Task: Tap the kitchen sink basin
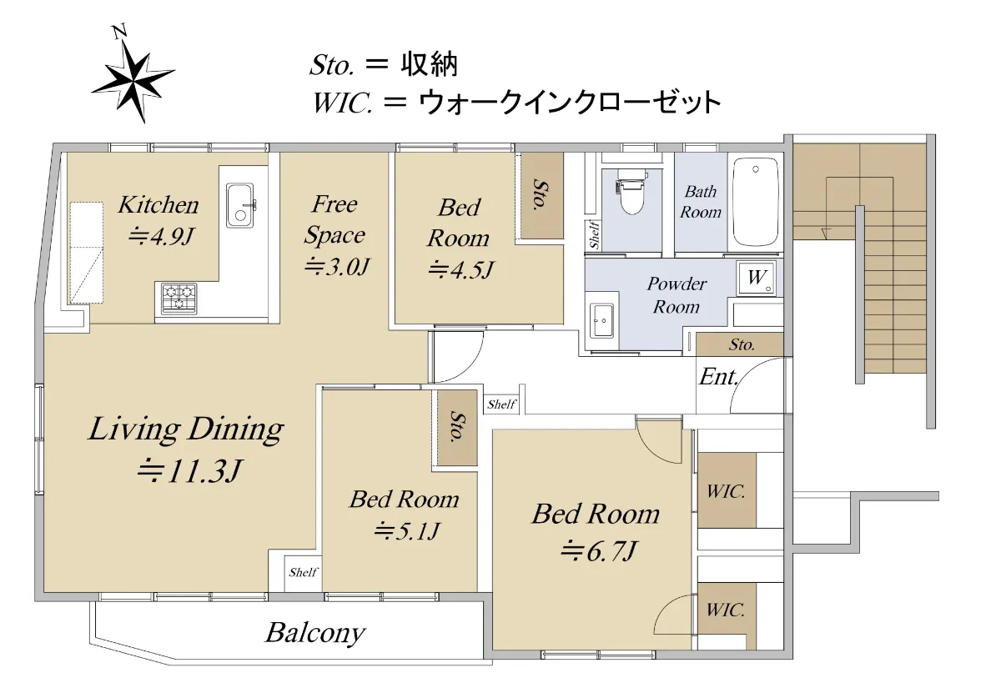(240, 205)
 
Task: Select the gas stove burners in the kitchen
(179, 299)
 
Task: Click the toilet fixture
(631, 191)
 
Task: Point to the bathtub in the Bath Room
(756, 201)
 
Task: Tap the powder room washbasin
(601, 321)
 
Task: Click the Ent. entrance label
(718, 377)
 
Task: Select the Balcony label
(315, 634)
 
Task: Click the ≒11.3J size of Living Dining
(189, 472)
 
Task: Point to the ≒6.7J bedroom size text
(598, 551)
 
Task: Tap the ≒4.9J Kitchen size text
(160, 236)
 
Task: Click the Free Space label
(335, 220)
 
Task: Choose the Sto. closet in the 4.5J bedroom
(542, 196)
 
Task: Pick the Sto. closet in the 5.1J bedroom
(457, 428)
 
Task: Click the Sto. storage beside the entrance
(740, 344)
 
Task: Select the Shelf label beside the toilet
(594, 234)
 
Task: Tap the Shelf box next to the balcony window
(304, 573)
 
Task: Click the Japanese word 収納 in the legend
(429, 65)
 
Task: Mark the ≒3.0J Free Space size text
(337, 267)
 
